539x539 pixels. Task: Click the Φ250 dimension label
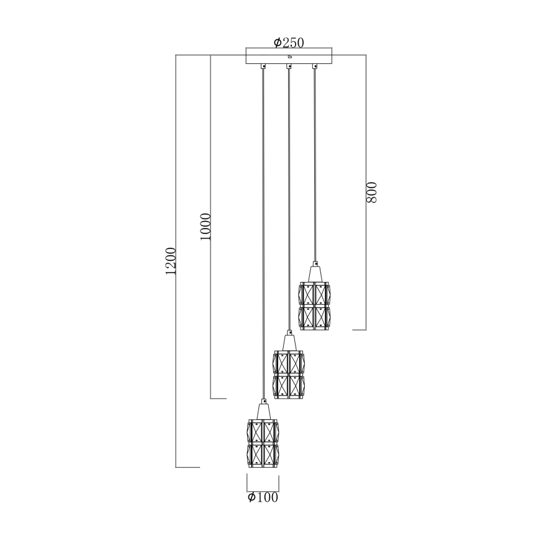[x=288, y=42]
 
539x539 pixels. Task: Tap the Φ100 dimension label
[x=262, y=497]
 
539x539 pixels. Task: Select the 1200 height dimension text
[x=172, y=261]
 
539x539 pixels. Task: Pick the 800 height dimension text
[x=371, y=193]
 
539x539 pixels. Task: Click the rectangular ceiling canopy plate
[x=289, y=56]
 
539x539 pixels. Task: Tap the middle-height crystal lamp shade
[x=289, y=374]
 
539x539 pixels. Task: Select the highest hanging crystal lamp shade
[x=314, y=306]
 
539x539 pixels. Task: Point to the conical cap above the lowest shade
[x=263, y=411]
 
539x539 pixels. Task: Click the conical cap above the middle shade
[x=289, y=343]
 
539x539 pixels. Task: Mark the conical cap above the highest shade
[x=314, y=273]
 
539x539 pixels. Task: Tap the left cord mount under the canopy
[x=263, y=66]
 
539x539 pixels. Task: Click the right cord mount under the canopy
[x=314, y=66]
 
